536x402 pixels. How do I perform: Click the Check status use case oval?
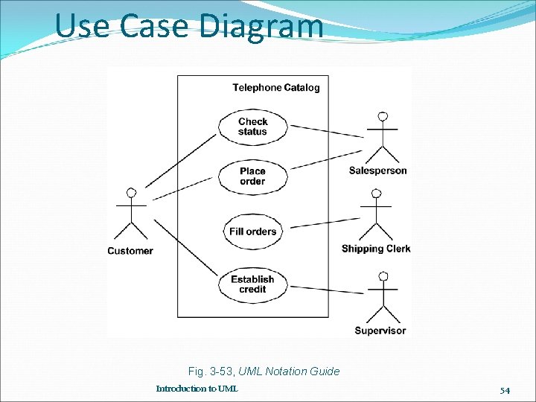point(252,127)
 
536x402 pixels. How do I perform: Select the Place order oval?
point(252,176)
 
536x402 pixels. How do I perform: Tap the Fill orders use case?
point(252,232)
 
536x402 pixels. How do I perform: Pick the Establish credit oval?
point(252,284)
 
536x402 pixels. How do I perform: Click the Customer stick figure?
point(132,215)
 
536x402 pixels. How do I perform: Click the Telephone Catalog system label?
point(276,88)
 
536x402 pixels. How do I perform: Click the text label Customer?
point(130,251)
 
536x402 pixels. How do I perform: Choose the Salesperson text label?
point(378,170)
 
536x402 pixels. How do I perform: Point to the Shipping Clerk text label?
point(376,249)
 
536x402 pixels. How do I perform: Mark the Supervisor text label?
point(380,331)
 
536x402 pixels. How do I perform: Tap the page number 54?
point(505,390)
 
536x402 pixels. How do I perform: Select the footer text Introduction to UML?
point(197,389)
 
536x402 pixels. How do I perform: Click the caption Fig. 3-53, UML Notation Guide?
point(264,371)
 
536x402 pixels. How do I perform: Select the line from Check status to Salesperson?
point(326,131)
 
